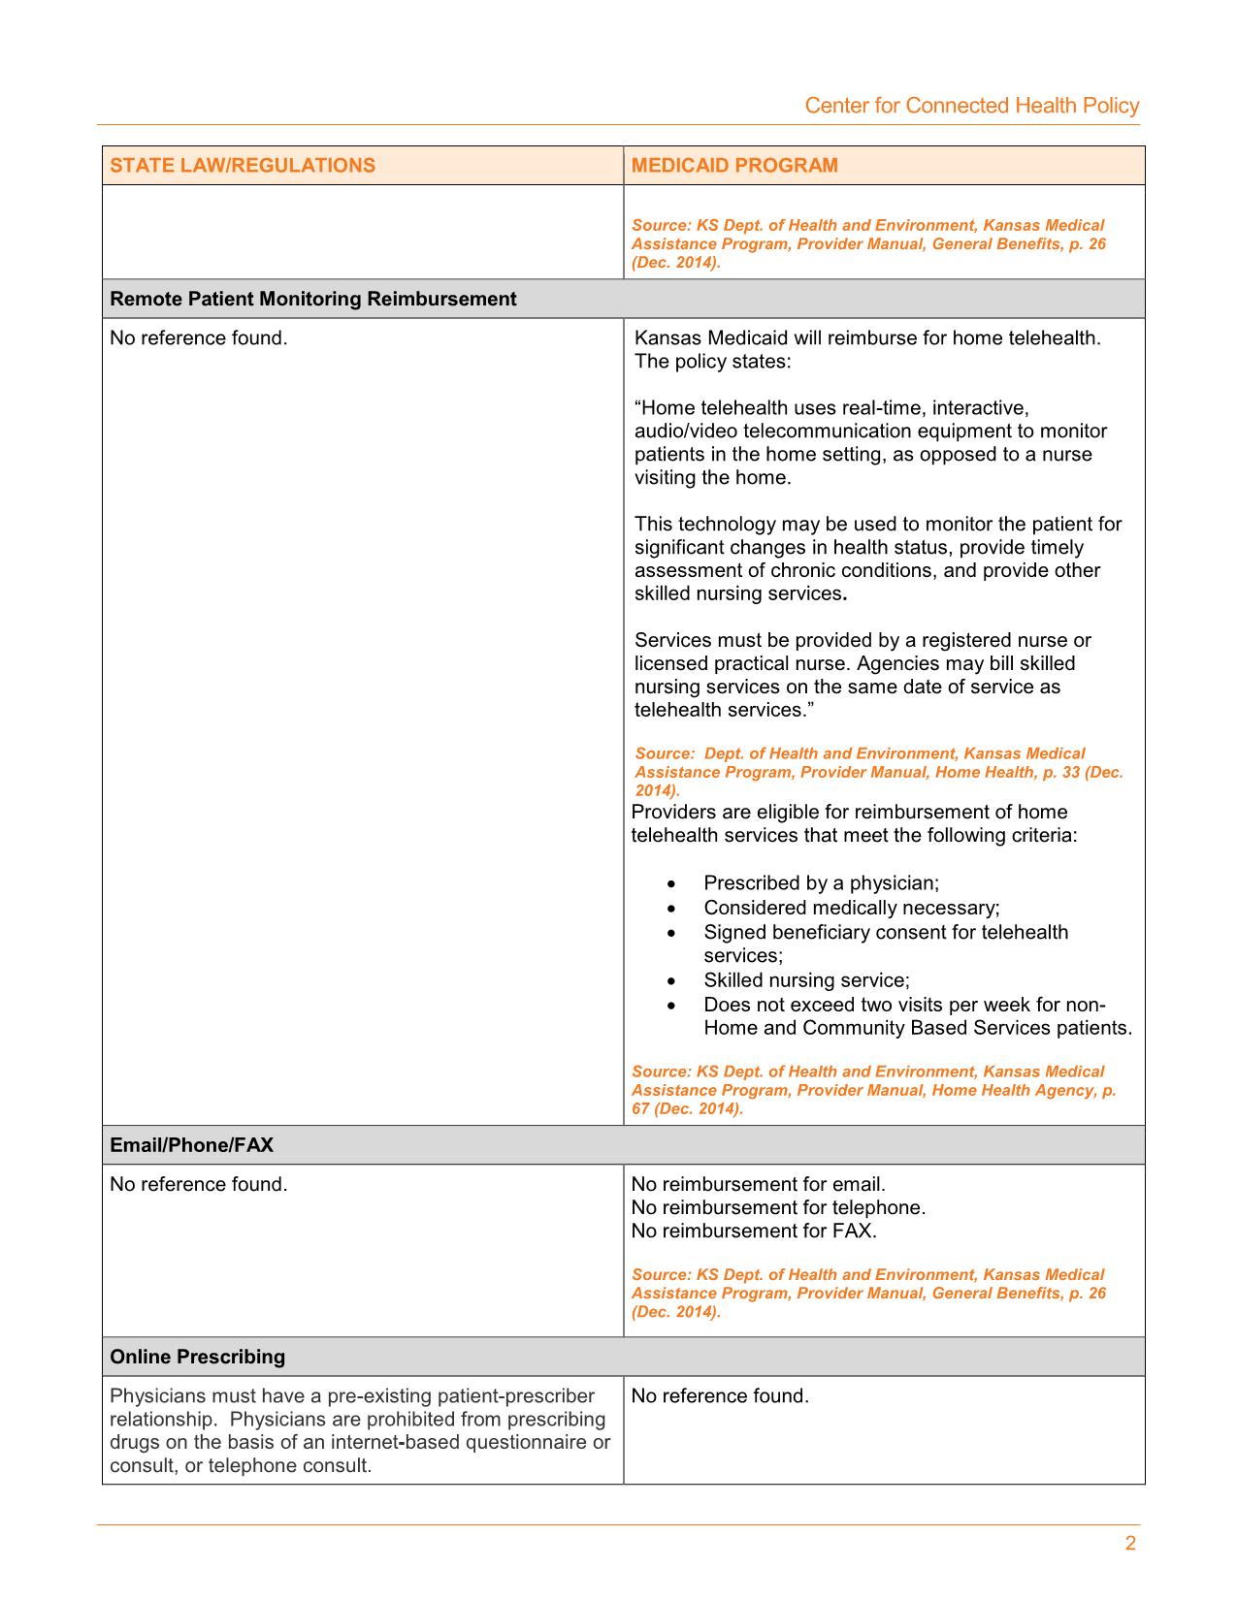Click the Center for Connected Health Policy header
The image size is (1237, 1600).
[x=971, y=106]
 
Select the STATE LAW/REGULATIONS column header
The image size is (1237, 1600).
[x=243, y=165]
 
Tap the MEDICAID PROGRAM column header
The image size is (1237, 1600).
[x=734, y=165]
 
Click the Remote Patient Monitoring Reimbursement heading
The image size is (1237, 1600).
[x=313, y=299]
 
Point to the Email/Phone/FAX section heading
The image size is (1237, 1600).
[x=192, y=1145]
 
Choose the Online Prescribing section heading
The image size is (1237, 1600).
[x=198, y=1357]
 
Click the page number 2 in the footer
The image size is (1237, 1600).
[x=1130, y=1544]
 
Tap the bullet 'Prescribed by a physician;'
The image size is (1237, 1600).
[x=821, y=883]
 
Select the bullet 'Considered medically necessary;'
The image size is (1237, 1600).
[x=851, y=908]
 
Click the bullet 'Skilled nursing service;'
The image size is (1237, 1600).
[x=806, y=980]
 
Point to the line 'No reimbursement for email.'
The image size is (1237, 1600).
[x=759, y=1184]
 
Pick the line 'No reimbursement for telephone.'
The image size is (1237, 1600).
[x=778, y=1207]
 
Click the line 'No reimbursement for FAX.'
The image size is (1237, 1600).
[x=754, y=1231]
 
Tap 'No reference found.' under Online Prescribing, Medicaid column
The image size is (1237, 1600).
[x=720, y=1396]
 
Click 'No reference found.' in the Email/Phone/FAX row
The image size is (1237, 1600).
[x=199, y=1184]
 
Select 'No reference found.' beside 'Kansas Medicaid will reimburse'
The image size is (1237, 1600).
[x=199, y=338]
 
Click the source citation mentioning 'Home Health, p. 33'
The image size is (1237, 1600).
[x=878, y=772]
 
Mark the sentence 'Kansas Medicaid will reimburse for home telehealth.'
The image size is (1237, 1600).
[x=867, y=338]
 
